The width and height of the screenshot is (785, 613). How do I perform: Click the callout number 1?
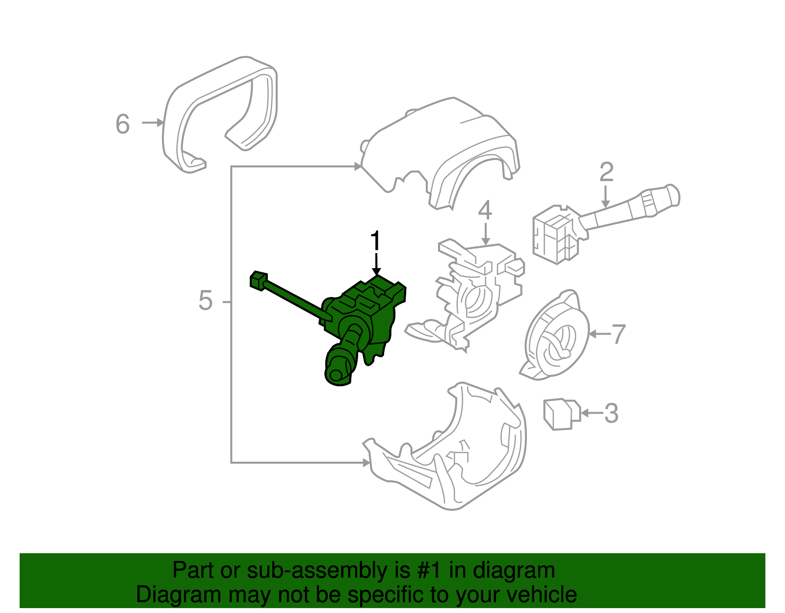pyautogui.click(x=376, y=240)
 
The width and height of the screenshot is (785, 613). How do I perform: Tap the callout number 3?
pyautogui.click(x=611, y=413)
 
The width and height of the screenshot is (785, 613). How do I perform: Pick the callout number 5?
pyautogui.click(x=205, y=300)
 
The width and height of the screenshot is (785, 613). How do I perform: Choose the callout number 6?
pyautogui.click(x=123, y=124)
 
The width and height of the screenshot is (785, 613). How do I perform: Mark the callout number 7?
pyautogui.click(x=618, y=334)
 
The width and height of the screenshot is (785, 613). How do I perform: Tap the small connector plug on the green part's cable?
pyautogui.click(x=258, y=280)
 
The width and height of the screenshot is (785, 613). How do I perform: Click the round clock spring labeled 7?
pyautogui.click(x=554, y=336)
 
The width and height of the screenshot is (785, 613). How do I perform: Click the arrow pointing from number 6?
pyautogui.click(x=153, y=123)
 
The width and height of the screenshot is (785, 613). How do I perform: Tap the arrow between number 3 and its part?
pyautogui.click(x=592, y=413)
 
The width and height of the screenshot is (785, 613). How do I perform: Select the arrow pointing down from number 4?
pyautogui.click(x=486, y=234)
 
